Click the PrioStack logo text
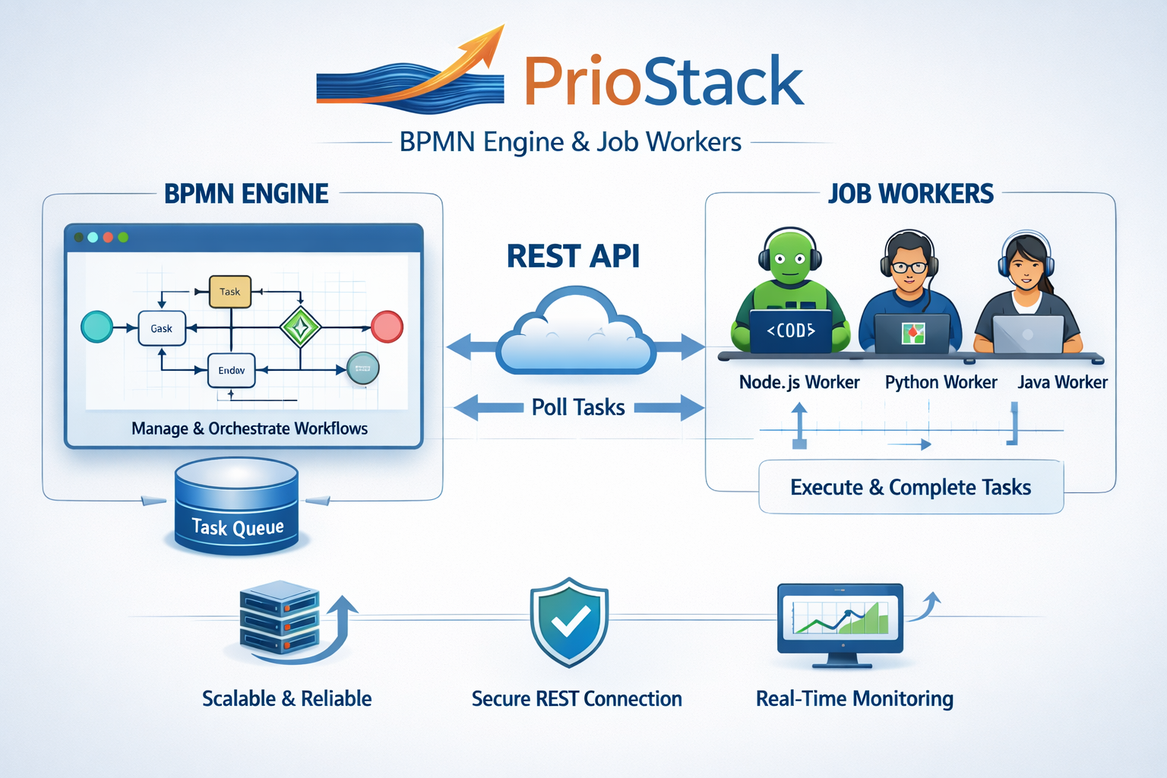pyautogui.click(x=663, y=82)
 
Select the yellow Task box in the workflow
pyautogui.click(x=229, y=292)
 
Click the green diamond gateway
pyautogui.click(x=300, y=327)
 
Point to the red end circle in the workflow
pyautogui.click(x=387, y=327)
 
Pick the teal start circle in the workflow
pyautogui.click(x=97, y=327)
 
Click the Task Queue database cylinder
pyautogui.click(x=236, y=505)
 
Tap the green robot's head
pyautogui.click(x=790, y=258)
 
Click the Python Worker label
pyautogui.click(x=941, y=382)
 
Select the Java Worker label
pyautogui.click(x=1062, y=382)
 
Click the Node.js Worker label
pyautogui.click(x=799, y=382)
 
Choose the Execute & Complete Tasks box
pyautogui.click(x=910, y=487)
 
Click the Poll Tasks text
pyautogui.click(x=578, y=408)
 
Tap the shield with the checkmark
pyautogui.click(x=569, y=622)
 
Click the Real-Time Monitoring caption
pyautogui.click(x=854, y=698)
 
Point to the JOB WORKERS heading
pyautogui.click(x=910, y=194)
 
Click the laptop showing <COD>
pyautogui.click(x=790, y=331)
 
